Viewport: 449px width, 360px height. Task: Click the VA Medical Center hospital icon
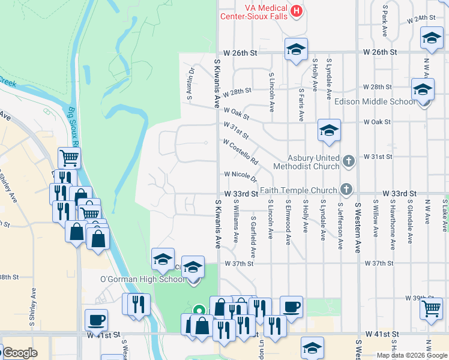click(296, 10)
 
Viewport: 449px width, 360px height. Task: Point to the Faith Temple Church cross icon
click(346, 189)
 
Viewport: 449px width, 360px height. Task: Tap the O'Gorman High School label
click(142, 279)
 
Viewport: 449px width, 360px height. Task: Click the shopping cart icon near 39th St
click(432, 308)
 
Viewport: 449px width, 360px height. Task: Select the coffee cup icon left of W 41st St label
click(96, 320)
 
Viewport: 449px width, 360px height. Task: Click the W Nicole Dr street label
click(240, 176)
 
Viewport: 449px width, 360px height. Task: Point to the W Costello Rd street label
click(240, 152)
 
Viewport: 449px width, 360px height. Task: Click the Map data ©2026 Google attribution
click(411, 355)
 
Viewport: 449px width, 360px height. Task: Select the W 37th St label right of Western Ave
click(382, 263)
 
